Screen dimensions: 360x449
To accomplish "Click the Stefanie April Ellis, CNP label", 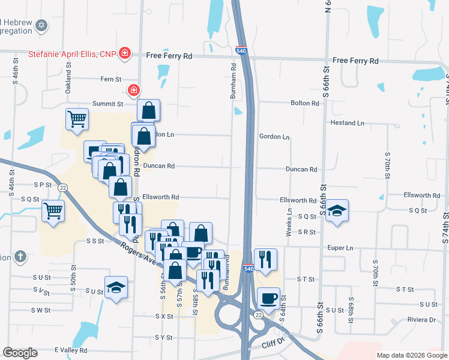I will pyautogui.click(x=72, y=53).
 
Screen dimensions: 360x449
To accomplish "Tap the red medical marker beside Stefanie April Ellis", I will pyautogui.click(x=125, y=54).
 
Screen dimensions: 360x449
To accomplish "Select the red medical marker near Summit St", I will pyautogui.click(x=133, y=91).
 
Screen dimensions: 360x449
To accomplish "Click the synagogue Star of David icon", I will pyautogui.click(x=41, y=25).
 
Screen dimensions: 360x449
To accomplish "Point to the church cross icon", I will pyautogui.click(x=20, y=256).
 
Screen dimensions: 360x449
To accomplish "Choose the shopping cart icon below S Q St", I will pyautogui.click(x=53, y=211).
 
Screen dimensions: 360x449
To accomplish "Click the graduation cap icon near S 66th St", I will pyautogui.click(x=337, y=210).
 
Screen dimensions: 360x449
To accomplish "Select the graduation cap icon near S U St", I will pyautogui.click(x=116, y=287).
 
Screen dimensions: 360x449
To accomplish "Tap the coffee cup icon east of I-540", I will pyautogui.click(x=268, y=297).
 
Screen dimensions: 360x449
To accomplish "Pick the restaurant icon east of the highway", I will pyautogui.click(x=265, y=259).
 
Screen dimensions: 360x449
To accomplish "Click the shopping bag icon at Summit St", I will pyautogui.click(x=148, y=110).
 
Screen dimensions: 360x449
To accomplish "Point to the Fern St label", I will pyautogui.click(x=111, y=79).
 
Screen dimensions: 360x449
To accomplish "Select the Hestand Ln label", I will pyautogui.click(x=348, y=123).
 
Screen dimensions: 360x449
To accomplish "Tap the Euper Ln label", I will pyautogui.click(x=340, y=247).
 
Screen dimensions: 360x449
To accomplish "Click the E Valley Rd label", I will pyautogui.click(x=71, y=350).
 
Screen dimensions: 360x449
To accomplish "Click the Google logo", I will pyautogui.click(x=20, y=352).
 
